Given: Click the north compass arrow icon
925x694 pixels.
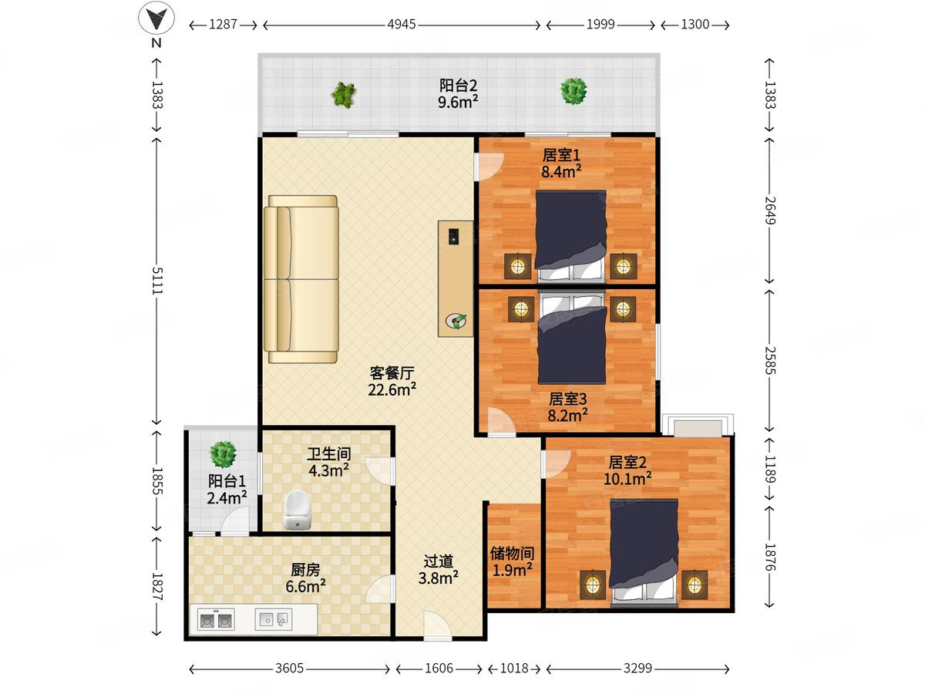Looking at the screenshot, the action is click(x=156, y=19).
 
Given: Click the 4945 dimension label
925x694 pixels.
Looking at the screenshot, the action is click(x=401, y=25).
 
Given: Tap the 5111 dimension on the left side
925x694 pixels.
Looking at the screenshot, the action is click(x=156, y=281).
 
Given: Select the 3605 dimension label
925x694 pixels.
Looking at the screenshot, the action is click(x=289, y=668).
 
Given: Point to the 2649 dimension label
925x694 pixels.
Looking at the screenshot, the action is click(x=770, y=211).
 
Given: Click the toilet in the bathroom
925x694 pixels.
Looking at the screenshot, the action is click(x=297, y=509).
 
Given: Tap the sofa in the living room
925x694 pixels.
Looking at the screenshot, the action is click(x=301, y=279).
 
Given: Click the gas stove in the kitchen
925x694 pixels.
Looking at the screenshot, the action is click(x=216, y=620).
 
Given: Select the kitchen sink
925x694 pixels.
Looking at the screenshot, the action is click(x=273, y=619).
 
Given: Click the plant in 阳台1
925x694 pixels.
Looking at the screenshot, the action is click(x=223, y=454).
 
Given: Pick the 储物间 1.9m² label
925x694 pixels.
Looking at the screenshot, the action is click(x=512, y=561).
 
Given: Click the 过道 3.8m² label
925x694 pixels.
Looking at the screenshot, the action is click(x=439, y=570).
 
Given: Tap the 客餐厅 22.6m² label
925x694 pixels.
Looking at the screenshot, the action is click(x=392, y=382).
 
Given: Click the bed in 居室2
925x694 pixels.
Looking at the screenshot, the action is click(x=644, y=551).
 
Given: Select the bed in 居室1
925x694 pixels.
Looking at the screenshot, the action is click(x=571, y=236).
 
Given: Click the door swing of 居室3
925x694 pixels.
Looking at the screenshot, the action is click(x=502, y=421).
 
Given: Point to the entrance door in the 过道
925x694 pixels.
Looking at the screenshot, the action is click(x=438, y=626).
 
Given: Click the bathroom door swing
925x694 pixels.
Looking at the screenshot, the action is click(x=380, y=470).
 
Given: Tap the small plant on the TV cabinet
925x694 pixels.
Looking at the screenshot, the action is click(x=456, y=322).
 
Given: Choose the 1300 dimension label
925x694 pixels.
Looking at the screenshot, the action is click(x=695, y=25).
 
